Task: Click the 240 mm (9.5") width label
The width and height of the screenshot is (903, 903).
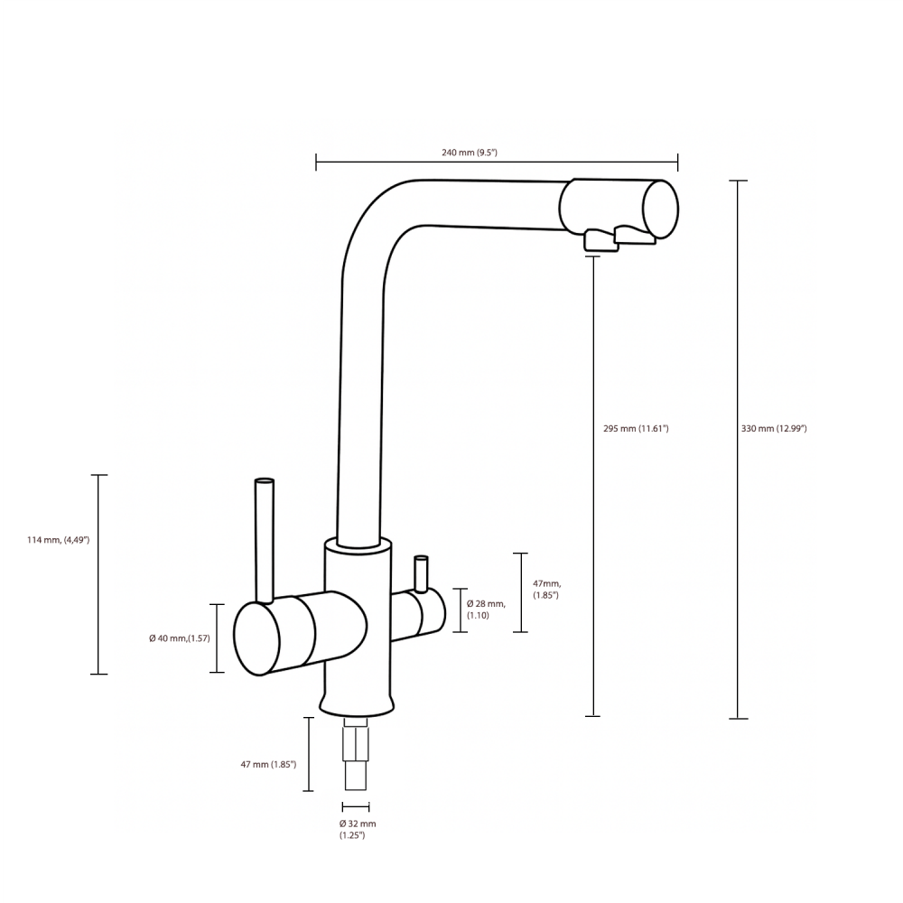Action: (470, 153)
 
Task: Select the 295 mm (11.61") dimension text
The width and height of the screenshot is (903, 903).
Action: (636, 428)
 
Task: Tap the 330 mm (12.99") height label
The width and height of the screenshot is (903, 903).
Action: (774, 428)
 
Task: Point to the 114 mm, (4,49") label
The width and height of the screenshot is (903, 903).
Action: (58, 540)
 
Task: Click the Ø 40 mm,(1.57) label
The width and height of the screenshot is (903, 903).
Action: (180, 638)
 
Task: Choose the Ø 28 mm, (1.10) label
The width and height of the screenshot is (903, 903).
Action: (486, 610)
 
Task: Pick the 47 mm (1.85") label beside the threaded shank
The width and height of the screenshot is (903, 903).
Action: (268, 765)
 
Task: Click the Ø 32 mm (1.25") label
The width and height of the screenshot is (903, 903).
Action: (358, 829)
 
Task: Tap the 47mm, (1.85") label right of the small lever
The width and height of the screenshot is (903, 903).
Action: (546, 589)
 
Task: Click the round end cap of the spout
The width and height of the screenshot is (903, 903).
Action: (661, 209)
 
